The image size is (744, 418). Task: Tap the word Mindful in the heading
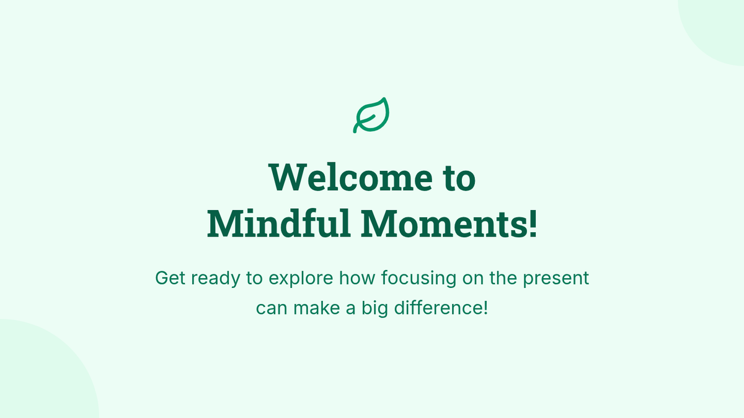pyautogui.click(x=279, y=224)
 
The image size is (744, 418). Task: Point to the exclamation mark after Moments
pyautogui.click(x=533, y=224)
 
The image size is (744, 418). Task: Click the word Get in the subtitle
pyautogui.click(x=170, y=277)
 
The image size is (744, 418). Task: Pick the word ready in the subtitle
pyautogui.click(x=216, y=279)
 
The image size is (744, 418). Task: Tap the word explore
pyautogui.click(x=301, y=279)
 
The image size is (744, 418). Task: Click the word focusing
pyautogui.click(x=418, y=279)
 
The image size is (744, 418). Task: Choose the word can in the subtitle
pyautogui.click(x=272, y=308)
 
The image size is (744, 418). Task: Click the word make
pyautogui.click(x=317, y=308)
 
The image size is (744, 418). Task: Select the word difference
pyautogui.click(x=438, y=308)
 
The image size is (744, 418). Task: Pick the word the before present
pyautogui.click(x=503, y=277)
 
